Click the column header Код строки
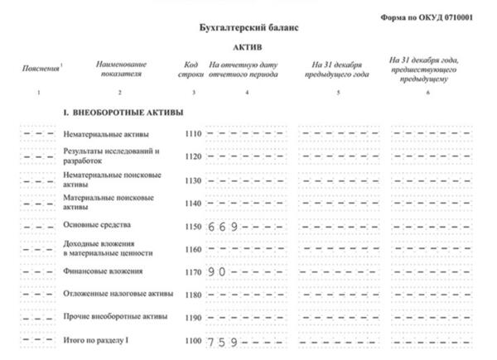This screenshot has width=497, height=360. (x=192, y=70)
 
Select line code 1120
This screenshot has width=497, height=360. (x=193, y=156)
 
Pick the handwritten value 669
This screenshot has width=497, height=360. (x=224, y=226)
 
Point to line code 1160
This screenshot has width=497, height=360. (x=193, y=248)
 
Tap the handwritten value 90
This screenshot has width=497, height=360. (x=218, y=271)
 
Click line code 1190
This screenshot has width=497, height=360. (x=193, y=317)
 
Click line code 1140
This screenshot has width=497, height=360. (x=193, y=202)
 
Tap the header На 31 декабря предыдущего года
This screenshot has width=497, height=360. (x=338, y=70)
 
